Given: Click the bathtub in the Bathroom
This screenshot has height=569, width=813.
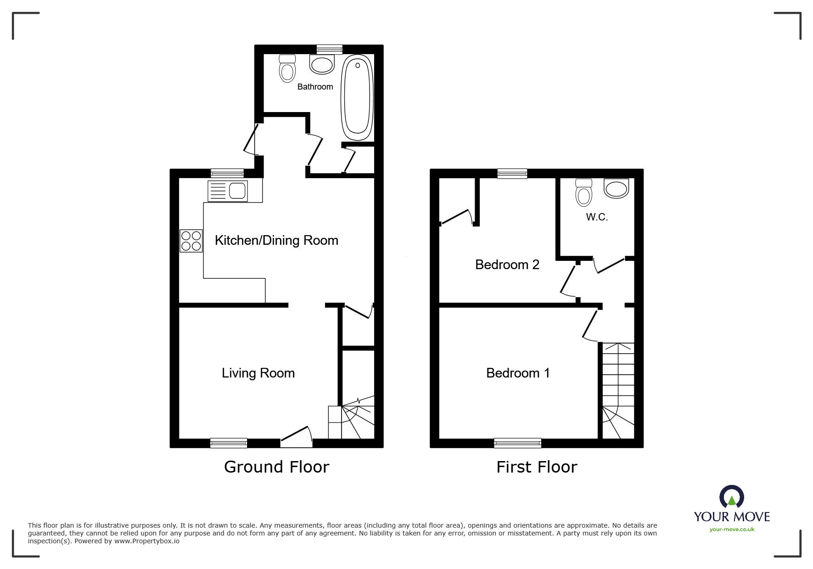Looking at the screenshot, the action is pos(356,97).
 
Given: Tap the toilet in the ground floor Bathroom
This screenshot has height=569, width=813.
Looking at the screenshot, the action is pos(287,68).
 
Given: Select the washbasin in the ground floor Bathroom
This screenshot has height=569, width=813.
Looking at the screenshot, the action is pos(322,64).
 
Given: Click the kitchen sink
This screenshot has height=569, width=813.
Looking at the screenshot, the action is pos(228,191).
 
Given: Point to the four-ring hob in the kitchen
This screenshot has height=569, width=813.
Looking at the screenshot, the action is pos(191,241).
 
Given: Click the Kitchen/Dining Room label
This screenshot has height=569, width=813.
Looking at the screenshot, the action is pos(276,240).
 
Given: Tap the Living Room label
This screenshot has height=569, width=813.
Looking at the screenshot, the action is pos(258,373).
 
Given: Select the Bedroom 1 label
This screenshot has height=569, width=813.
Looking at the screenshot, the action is pos(518,373).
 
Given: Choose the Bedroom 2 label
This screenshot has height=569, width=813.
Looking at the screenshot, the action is pos(507,265).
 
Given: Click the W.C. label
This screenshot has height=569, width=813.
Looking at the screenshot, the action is pos(597,217).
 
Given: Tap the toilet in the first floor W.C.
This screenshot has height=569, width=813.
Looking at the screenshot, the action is pos(583,192).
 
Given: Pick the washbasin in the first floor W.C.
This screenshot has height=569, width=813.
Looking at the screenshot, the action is pos(617,188).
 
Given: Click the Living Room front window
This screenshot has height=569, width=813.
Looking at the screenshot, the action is pos(229,443).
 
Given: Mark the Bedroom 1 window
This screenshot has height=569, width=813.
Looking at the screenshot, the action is pos(518,443).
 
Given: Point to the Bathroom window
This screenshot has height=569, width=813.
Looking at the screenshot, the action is pos(330,49).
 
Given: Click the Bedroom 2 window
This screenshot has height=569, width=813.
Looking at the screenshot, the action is pos(512,173).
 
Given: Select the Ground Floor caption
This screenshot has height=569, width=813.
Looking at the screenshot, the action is pos(277,467).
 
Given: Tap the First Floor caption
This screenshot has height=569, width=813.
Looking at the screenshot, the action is pos(537,467).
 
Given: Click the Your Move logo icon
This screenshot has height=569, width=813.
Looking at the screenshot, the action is pos(731,497).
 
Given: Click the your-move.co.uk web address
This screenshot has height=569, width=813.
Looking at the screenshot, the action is pos(732,530).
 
